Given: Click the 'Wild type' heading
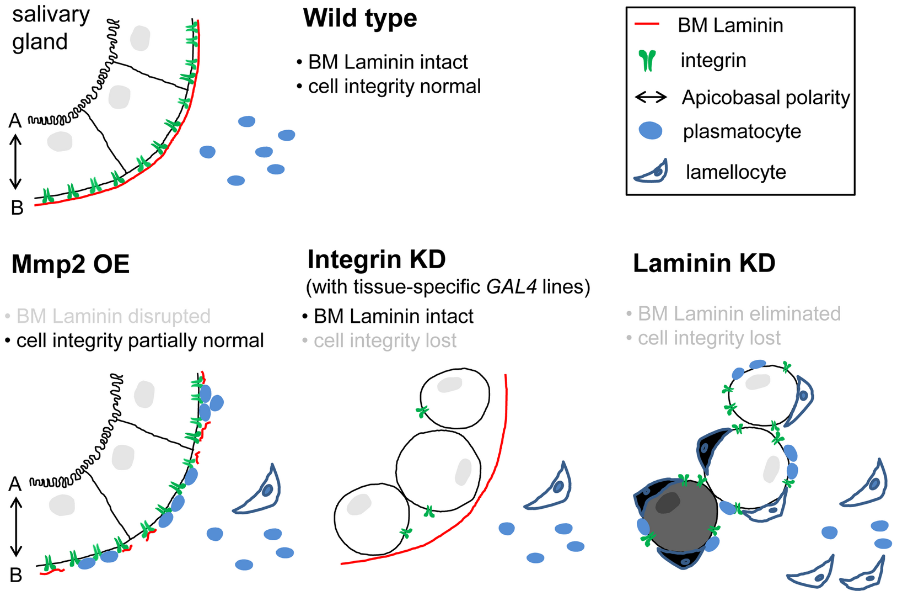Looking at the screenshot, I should click(x=360, y=18).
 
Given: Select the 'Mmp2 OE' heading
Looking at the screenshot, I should click(x=71, y=264).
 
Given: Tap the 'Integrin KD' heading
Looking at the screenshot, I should click(x=377, y=259).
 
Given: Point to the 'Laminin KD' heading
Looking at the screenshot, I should click(x=704, y=263).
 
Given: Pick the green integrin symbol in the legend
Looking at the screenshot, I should click(x=648, y=61).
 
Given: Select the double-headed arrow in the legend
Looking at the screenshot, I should click(x=651, y=98).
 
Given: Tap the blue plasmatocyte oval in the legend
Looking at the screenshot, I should click(x=651, y=131).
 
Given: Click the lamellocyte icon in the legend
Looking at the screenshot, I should click(x=652, y=172).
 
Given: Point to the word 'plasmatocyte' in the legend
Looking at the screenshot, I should click(x=742, y=131).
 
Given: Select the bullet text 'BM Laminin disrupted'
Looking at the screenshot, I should click(x=113, y=316).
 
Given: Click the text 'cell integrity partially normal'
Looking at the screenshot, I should click(x=140, y=340).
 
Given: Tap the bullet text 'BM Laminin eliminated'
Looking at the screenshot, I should click(x=739, y=313).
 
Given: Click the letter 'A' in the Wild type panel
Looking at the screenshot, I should click(x=15, y=120).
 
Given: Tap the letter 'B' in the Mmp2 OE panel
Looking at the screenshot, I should click(x=16, y=575).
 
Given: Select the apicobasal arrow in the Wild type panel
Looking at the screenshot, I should click(x=16, y=162).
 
